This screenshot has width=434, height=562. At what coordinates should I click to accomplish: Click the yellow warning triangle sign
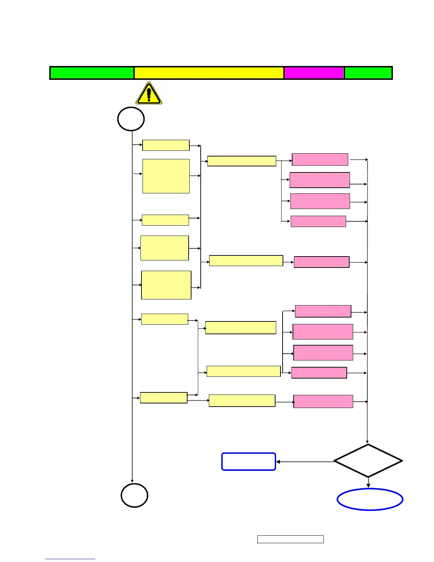click(x=149, y=93)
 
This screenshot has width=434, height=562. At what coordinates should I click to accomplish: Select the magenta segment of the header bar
click(x=314, y=73)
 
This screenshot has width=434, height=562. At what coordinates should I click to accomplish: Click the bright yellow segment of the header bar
click(x=209, y=73)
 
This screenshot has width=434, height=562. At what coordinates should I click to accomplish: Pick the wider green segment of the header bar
click(x=92, y=73)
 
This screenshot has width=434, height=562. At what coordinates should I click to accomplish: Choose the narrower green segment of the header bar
click(x=368, y=73)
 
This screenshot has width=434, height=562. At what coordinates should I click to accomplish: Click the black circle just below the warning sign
click(x=131, y=119)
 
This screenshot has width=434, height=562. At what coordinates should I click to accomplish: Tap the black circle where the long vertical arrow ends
click(x=134, y=495)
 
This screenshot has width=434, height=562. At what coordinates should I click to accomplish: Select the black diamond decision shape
click(x=368, y=461)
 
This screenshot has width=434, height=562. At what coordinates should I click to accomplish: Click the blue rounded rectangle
click(x=249, y=462)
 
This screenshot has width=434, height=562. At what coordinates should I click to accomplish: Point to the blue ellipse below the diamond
click(x=370, y=499)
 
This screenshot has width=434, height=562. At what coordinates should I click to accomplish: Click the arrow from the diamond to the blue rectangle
click(x=305, y=462)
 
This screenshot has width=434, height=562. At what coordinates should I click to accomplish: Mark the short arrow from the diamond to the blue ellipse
click(x=368, y=483)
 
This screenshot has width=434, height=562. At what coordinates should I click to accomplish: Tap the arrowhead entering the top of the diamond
click(x=367, y=442)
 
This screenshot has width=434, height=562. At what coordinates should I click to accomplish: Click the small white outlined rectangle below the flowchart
click(x=290, y=539)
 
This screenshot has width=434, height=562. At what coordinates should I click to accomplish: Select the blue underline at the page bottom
click(x=70, y=559)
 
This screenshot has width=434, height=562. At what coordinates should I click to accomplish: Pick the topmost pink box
click(x=320, y=159)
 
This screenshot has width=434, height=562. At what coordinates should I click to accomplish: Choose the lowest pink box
click(x=323, y=401)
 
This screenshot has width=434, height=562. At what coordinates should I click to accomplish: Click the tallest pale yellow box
click(x=166, y=176)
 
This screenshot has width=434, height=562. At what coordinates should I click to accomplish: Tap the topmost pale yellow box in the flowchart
click(x=166, y=145)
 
